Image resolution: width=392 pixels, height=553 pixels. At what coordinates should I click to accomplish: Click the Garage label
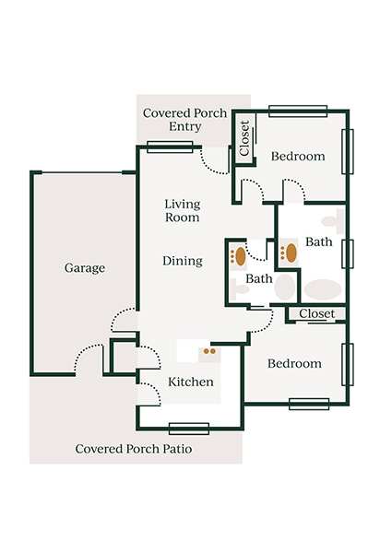84,268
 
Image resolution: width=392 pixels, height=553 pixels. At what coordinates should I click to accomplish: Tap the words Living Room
183,210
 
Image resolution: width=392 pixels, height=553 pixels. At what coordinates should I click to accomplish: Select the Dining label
183,261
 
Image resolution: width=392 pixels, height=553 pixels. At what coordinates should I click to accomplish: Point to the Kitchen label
191,382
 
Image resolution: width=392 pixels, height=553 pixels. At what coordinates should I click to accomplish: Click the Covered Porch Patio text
131,449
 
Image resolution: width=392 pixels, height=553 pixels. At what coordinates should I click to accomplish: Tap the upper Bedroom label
298,157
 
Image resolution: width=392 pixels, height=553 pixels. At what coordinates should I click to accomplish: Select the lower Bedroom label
294,363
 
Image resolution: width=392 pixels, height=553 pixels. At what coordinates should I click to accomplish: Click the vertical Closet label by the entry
244,138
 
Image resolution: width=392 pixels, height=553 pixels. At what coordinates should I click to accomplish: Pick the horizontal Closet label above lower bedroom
317,314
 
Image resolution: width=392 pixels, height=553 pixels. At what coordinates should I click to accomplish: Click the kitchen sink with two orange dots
209,350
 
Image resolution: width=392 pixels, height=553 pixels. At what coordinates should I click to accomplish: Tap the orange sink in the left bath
240,254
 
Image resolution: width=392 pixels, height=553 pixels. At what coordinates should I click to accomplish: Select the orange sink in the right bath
290,253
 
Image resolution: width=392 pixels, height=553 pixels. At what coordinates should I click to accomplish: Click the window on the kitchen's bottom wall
188,428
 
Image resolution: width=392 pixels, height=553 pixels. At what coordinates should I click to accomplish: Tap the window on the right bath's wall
348,253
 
